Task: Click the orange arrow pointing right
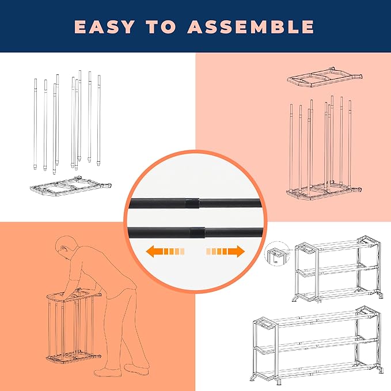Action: click(x=225, y=251)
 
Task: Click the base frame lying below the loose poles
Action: click(x=69, y=187)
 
